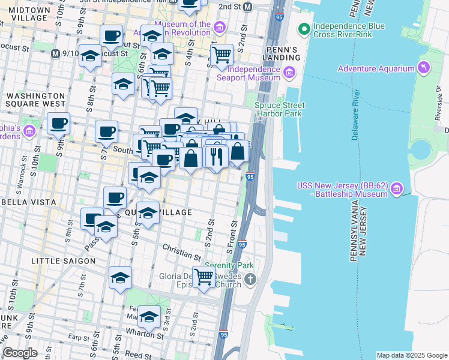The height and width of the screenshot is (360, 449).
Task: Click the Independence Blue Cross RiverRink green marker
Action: coord(304,28)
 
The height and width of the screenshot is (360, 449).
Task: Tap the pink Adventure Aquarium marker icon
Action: coord(425,66)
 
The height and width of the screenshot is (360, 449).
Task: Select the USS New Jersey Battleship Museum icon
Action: coord(396,190)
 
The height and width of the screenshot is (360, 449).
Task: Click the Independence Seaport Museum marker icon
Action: coord(289,73)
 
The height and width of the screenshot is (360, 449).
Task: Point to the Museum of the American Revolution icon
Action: coord(220,28)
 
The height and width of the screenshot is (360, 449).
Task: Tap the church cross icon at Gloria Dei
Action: coord(250,279)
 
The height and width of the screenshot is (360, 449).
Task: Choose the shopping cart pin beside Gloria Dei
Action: coord(203,277)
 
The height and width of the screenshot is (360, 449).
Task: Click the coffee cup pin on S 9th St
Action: coord(58,124)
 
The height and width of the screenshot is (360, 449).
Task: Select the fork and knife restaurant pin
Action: coord(216,156)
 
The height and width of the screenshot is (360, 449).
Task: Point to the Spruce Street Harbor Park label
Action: coord(279,110)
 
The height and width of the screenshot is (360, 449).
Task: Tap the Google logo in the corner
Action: coord(20,353)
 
